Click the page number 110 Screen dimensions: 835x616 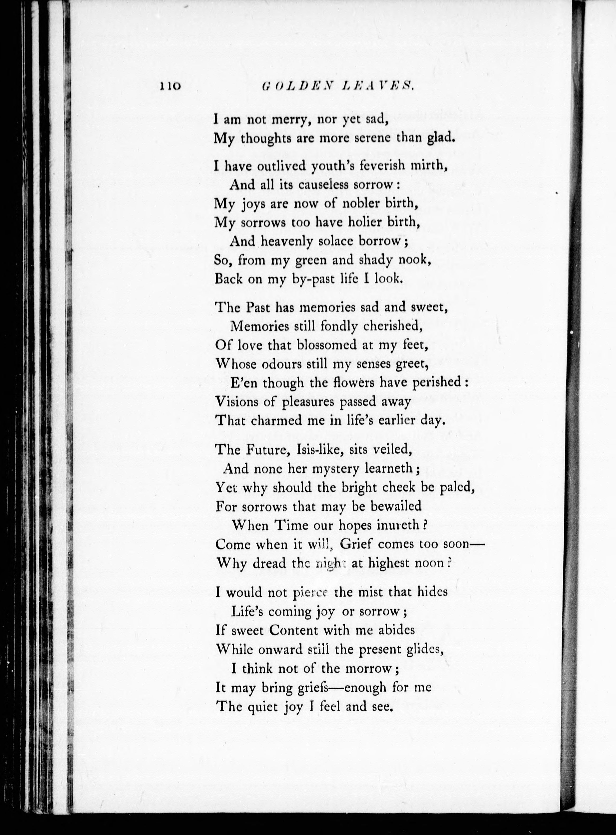(170, 86)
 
